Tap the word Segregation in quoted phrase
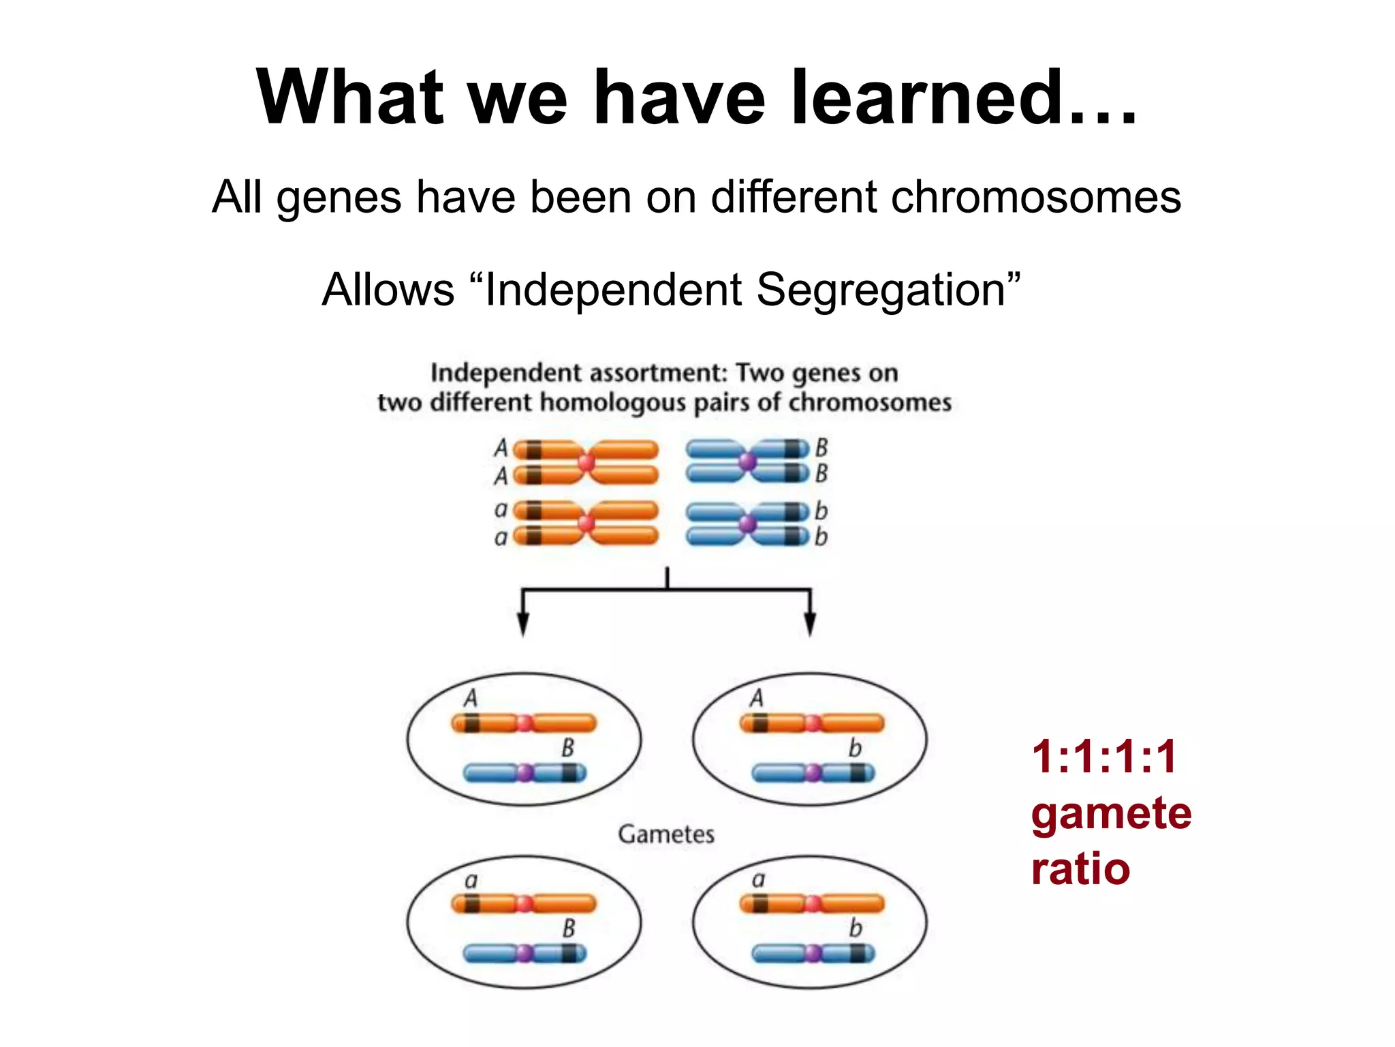(879, 290)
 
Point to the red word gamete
(1110, 813)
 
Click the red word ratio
(1080, 869)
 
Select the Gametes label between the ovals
(665, 834)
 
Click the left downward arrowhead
(522, 624)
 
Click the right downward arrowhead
(810, 624)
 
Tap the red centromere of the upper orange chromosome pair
(586, 463)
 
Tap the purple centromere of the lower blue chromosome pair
(747, 524)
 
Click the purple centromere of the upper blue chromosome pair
(747, 462)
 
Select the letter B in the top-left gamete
(567, 748)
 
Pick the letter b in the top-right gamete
(854, 748)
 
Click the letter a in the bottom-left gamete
(471, 881)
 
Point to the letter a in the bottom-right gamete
(758, 880)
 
